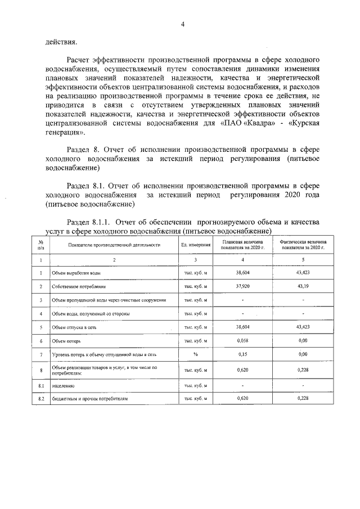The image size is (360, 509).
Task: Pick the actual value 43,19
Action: click(303, 286)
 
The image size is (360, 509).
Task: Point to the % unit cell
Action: click(196, 354)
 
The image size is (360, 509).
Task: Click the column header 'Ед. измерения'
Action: click(196, 245)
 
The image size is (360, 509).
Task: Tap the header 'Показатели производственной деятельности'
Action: click(114, 245)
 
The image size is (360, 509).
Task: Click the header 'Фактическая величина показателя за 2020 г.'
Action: click(303, 245)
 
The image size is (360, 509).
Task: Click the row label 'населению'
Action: click(64, 386)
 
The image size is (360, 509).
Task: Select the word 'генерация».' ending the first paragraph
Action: click(67, 133)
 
